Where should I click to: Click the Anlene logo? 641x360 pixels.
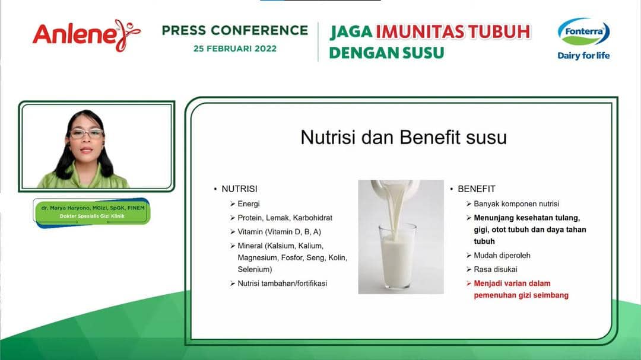(87, 35)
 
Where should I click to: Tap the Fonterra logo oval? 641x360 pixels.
(584, 31)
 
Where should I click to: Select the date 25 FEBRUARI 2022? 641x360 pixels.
(235, 49)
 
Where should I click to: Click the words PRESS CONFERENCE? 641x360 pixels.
(235, 30)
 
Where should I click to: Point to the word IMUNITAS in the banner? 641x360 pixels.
(420, 32)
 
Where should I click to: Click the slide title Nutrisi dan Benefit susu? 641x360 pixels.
(404, 138)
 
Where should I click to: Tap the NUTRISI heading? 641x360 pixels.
(239, 189)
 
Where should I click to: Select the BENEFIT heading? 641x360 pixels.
(476, 189)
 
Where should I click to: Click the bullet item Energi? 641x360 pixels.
(249, 203)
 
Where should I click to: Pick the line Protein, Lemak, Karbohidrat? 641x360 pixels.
(285, 218)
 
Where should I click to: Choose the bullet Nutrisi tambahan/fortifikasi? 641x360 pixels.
(283, 283)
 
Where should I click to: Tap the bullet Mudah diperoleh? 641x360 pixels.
(502, 256)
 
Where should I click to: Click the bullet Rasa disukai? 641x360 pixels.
(496, 269)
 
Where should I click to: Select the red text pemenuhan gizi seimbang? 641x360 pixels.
(521, 295)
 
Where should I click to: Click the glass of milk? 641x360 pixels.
(397, 256)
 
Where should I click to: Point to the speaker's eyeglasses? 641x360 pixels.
(86, 133)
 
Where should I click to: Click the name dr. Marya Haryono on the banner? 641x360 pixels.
(66, 208)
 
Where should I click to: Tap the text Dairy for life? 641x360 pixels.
(583, 56)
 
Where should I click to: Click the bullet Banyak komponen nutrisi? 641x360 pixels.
(516, 203)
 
